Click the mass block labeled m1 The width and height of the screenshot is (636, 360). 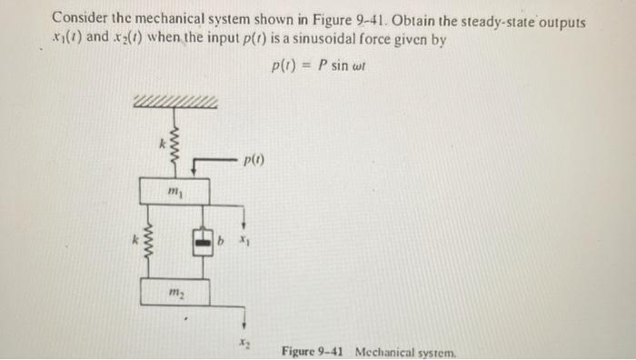click(x=175, y=192)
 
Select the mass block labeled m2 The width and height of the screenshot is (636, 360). click(x=175, y=293)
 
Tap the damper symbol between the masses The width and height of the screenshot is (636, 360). click(x=202, y=241)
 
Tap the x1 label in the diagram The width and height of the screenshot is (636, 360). click(x=243, y=241)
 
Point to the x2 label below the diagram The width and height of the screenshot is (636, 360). click(x=243, y=343)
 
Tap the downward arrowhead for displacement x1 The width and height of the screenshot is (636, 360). click(x=243, y=228)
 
